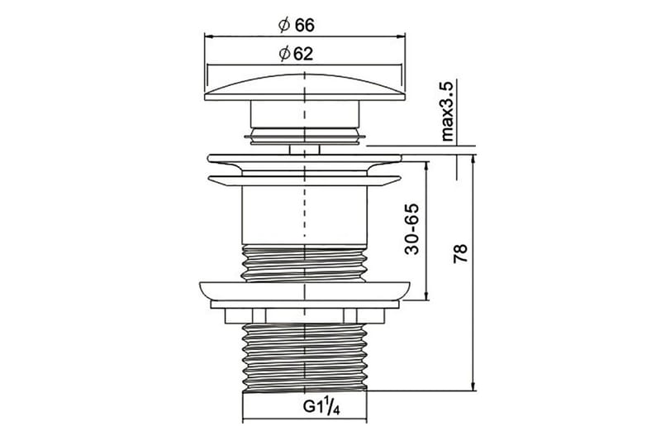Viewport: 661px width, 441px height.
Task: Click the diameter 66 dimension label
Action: pos(297,26)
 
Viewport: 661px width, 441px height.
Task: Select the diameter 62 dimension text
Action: pos(297,54)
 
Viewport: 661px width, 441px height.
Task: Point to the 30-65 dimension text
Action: pos(411,229)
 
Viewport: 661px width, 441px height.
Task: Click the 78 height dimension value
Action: pos(460,254)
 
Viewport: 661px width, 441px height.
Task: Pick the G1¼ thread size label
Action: pos(321,407)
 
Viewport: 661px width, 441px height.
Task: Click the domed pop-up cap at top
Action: pos(304,88)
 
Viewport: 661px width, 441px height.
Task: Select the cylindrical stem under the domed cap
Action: pos(305,114)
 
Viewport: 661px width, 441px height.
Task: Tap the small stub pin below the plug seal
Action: pos(304,150)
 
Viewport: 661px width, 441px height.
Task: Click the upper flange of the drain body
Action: pos(304,159)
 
